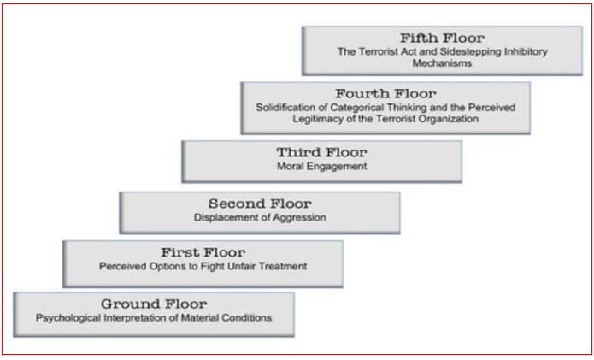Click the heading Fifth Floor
point(442,38)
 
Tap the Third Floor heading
point(321,152)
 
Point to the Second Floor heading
point(260,204)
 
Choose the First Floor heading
point(203,252)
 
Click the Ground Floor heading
point(154,304)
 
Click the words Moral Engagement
point(321,167)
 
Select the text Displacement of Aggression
point(260,217)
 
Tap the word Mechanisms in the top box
point(442,63)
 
